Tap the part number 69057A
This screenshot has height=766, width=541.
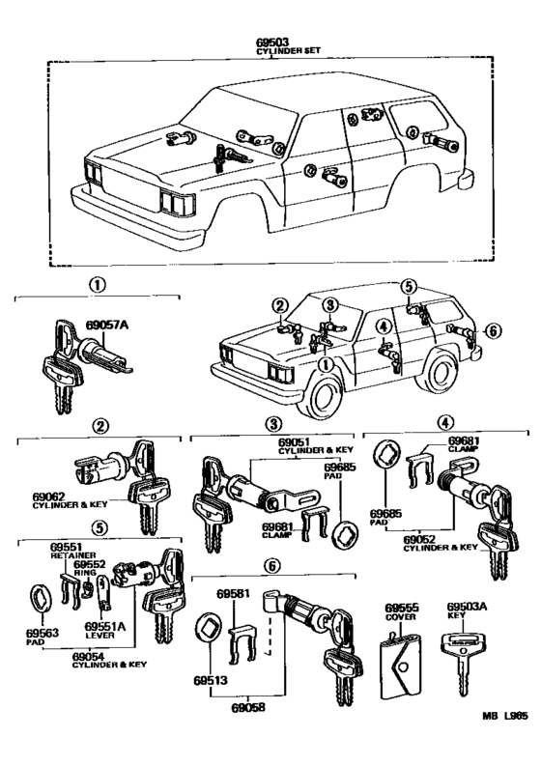pos(107,325)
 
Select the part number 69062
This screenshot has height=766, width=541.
pos(49,496)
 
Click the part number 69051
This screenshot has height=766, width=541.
pos(295,443)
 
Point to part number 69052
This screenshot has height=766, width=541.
pos(419,539)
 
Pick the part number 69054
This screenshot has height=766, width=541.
pos(88,657)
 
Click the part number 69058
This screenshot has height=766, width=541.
pos(248,707)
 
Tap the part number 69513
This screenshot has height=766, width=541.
pos(211,680)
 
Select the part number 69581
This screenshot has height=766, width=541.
pos(233,594)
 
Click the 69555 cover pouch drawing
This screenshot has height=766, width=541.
pos(400,666)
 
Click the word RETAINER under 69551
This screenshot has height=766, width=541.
pos(73,555)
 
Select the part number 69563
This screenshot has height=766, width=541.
pos(43,633)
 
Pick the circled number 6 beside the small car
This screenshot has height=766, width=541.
pos(493,330)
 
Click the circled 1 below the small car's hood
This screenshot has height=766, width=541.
pos(324,364)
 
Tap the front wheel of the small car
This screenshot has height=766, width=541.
pos(323,397)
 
